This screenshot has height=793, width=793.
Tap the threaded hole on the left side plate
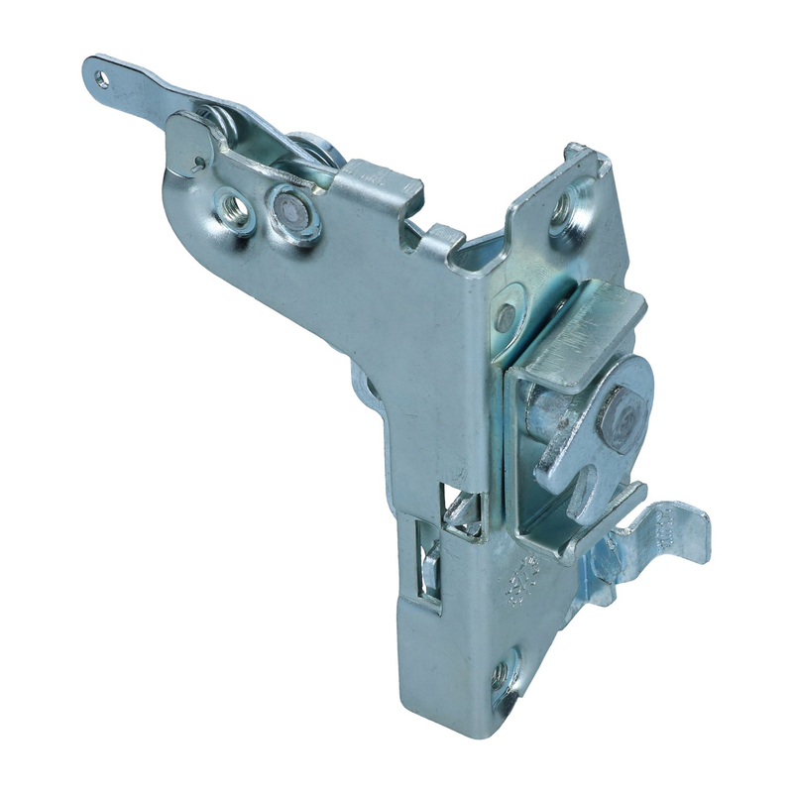coord(236,209)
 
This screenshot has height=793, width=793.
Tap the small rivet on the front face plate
coord(506,317)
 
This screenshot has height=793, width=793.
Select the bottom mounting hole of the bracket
coord(503,674)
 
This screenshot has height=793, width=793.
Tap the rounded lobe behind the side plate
coord(365,389)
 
